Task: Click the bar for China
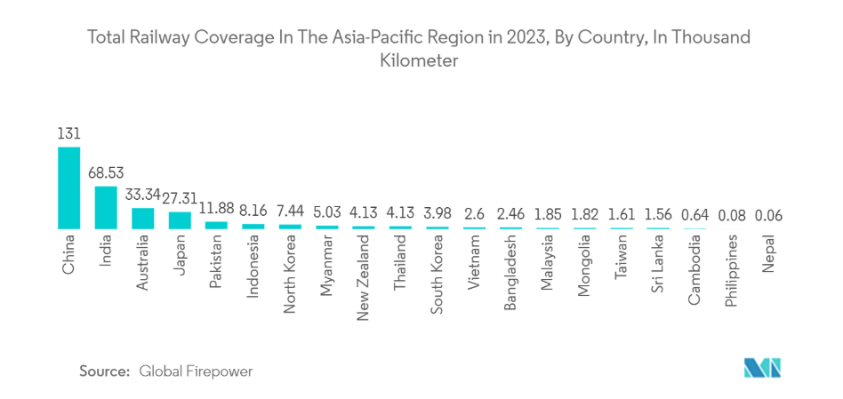(x=68, y=188)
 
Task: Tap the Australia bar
(x=143, y=219)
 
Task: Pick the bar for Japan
(x=180, y=220)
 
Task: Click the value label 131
(x=68, y=134)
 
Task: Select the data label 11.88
(x=217, y=209)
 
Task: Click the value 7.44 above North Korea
(x=290, y=212)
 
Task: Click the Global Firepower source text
(x=196, y=371)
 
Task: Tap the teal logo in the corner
(x=761, y=369)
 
